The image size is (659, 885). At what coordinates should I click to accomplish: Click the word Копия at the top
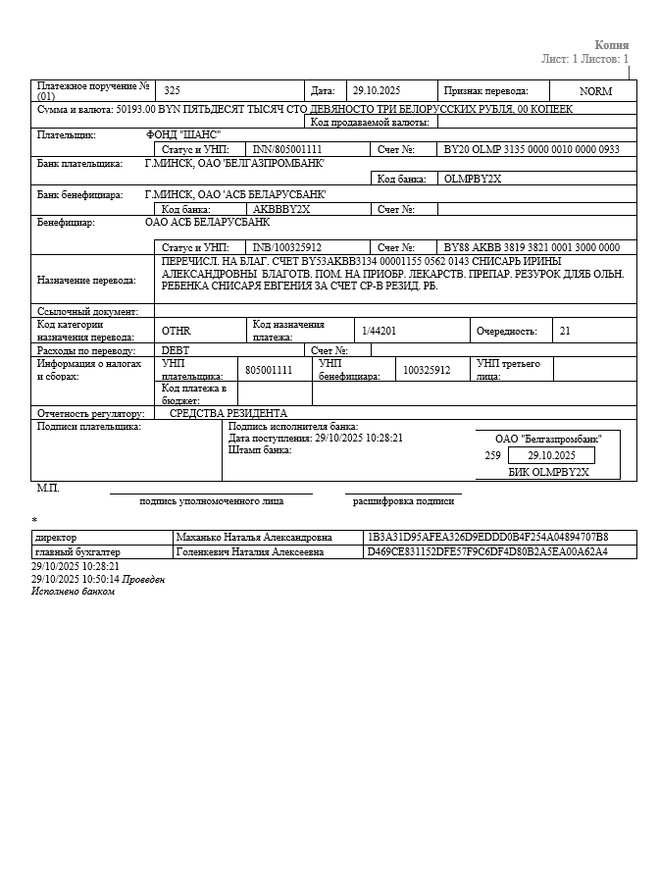click(x=611, y=44)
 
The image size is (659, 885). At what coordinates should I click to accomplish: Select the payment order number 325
click(x=173, y=90)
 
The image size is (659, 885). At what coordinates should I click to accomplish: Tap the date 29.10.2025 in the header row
click(x=377, y=90)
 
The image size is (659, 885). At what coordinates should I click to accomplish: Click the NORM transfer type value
click(x=595, y=91)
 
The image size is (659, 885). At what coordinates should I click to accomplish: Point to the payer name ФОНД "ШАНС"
click(x=183, y=134)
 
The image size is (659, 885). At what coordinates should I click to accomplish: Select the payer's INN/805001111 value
click(x=287, y=150)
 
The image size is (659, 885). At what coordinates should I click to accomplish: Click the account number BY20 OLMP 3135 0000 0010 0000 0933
click(x=532, y=150)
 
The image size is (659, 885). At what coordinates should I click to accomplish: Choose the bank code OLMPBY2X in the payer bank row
click(x=473, y=180)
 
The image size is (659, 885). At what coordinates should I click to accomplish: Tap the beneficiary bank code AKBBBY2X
click(x=281, y=209)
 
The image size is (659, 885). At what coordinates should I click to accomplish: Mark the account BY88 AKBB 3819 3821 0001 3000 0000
click(x=532, y=247)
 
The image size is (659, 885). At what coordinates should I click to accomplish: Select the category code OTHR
click(x=177, y=332)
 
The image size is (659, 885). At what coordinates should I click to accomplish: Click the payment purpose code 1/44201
click(x=379, y=332)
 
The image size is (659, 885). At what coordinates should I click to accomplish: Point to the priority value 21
click(x=565, y=332)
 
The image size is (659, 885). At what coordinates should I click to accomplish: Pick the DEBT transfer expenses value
click(x=177, y=350)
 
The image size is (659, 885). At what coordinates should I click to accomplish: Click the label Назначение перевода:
click(x=86, y=281)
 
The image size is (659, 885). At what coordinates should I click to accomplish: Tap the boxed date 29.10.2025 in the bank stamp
click(x=551, y=456)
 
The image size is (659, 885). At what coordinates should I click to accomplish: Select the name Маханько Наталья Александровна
click(x=254, y=538)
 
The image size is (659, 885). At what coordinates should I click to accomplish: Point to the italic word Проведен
click(x=143, y=579)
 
